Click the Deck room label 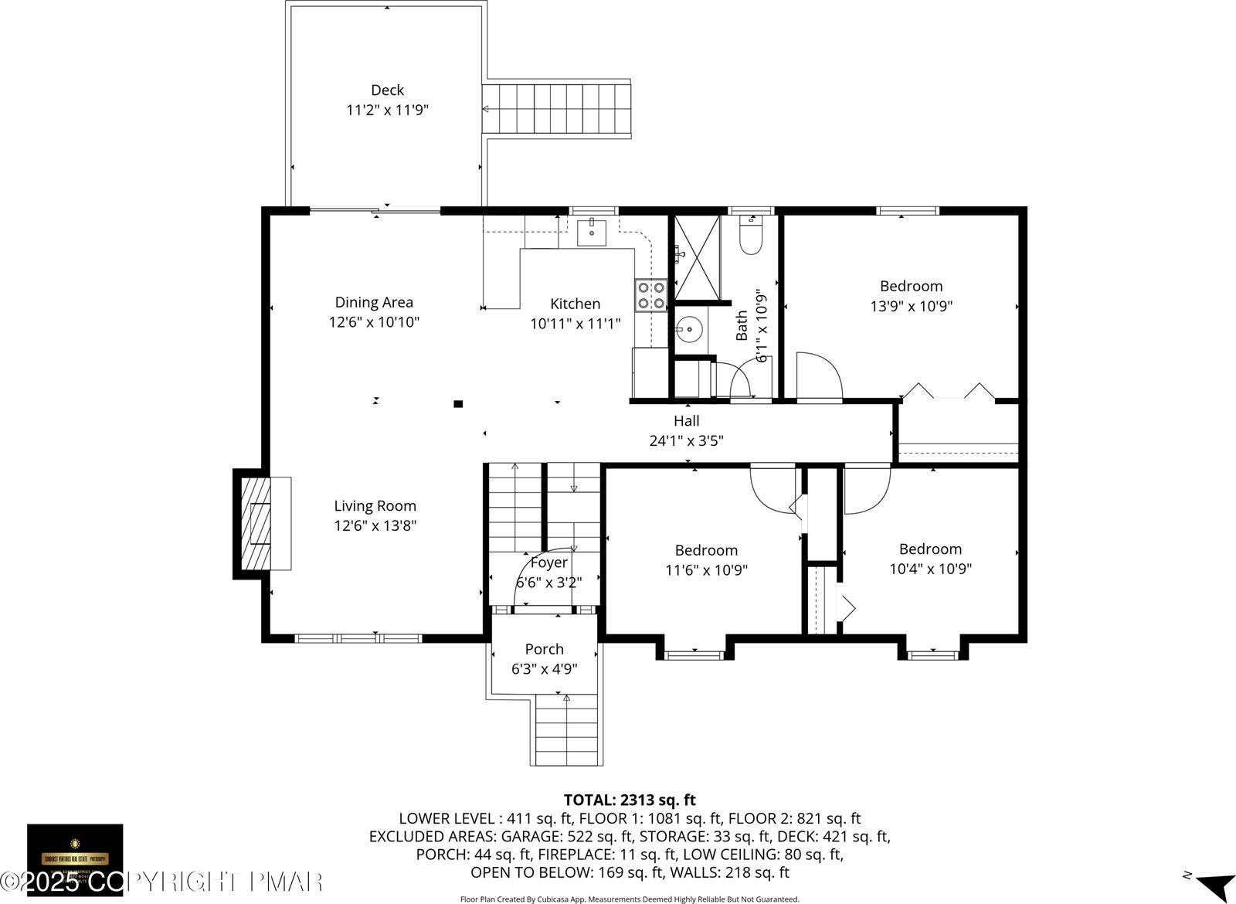[387, 90]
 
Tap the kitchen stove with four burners [651, 295]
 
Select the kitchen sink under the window [592, 231]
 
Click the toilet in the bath [750, 236]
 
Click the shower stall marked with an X [697, 257]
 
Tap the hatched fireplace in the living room [256, 523]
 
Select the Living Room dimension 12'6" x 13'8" [375, 526]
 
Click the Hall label [686, 421]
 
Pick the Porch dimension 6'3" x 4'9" [544, 669]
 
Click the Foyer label [548, 562]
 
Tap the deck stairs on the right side [556, 109]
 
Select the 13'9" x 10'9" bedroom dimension [911, 306]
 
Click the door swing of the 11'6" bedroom [772, 487]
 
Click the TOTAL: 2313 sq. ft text [630, 800]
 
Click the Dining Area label [374, 302]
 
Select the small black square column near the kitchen [458, 403]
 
